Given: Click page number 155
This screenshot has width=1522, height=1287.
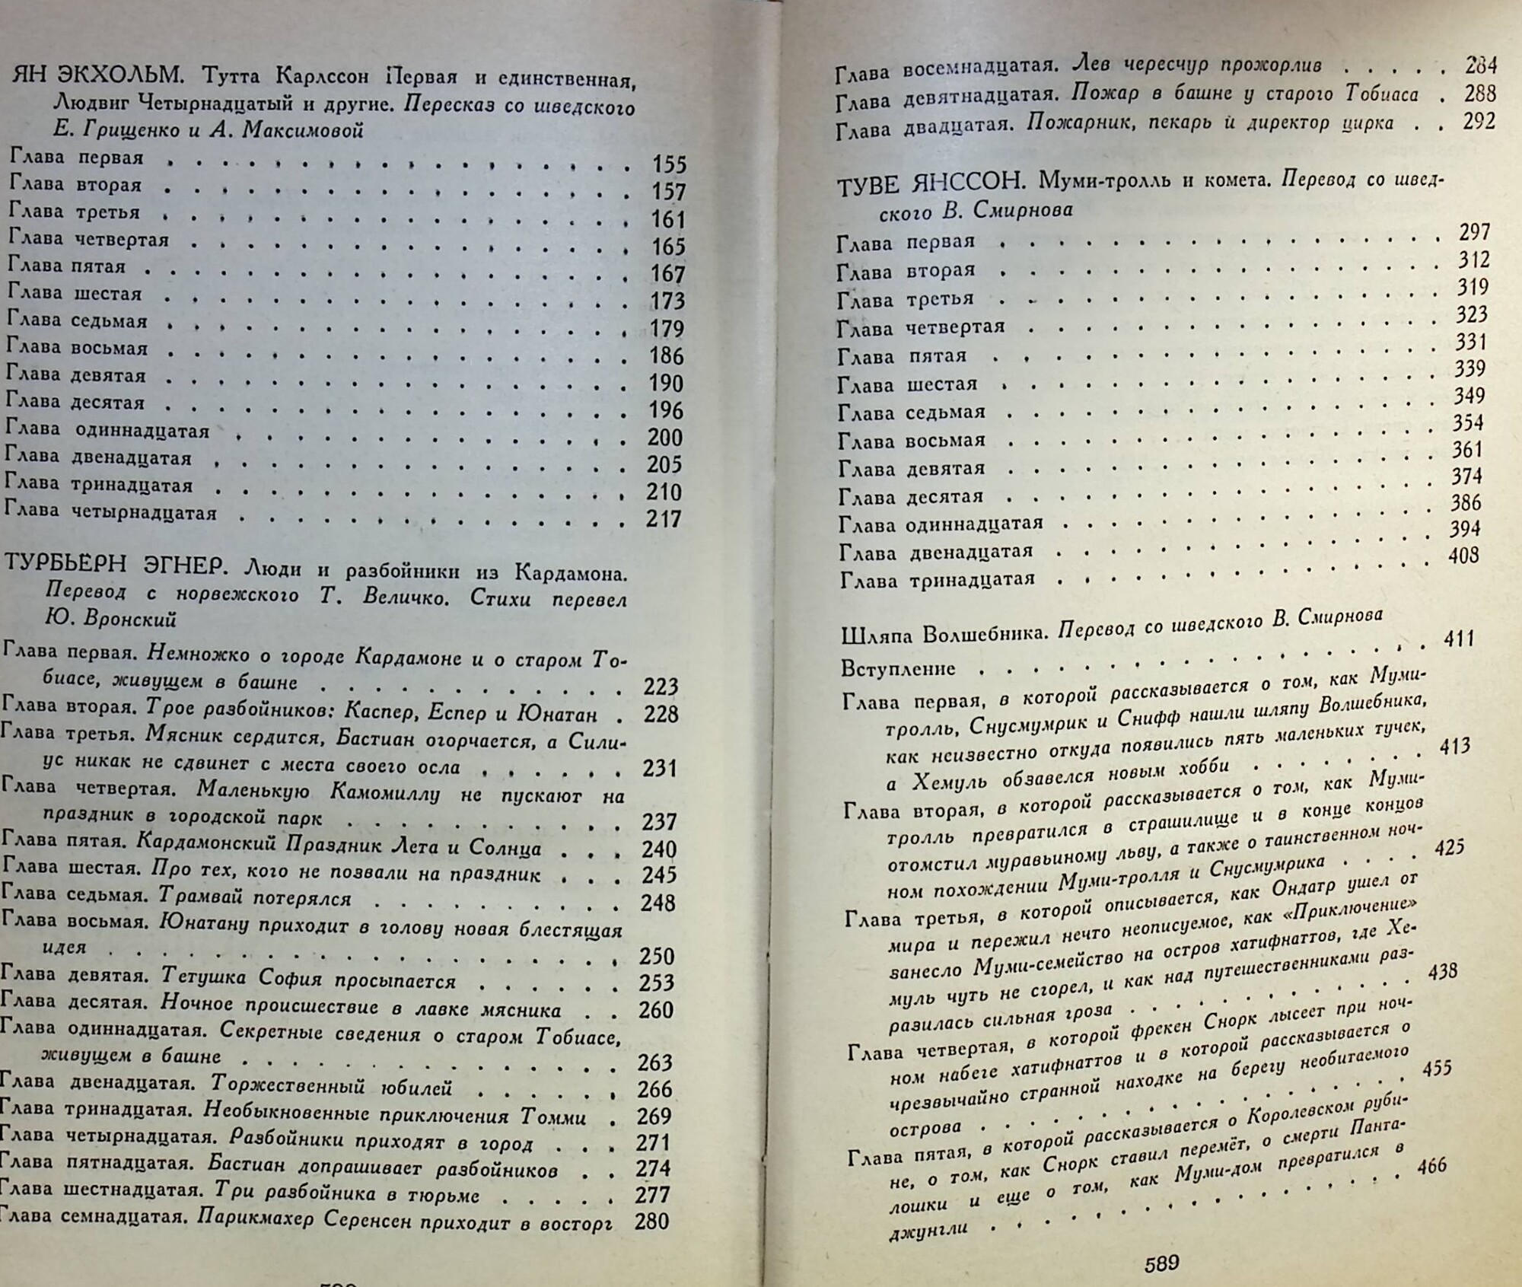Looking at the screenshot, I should [669, 164].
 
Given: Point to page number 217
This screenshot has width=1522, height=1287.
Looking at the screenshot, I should [664, 519].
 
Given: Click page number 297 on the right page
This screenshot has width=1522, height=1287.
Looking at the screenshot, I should [1475, 232].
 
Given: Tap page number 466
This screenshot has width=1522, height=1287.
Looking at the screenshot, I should [1431, 1165].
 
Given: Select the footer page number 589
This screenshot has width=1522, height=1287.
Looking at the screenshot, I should [1162, 1263].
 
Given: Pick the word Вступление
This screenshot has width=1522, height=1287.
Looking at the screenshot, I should [898, 668].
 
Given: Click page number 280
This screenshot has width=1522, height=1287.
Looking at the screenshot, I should [651, 1222].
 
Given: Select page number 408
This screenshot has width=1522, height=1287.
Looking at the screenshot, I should [1463, 555].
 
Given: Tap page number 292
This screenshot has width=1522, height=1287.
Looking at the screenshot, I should [1479, 122].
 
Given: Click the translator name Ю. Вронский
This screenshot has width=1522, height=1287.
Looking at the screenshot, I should [111, 619].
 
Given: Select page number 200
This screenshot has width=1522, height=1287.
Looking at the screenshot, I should [665, 438].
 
